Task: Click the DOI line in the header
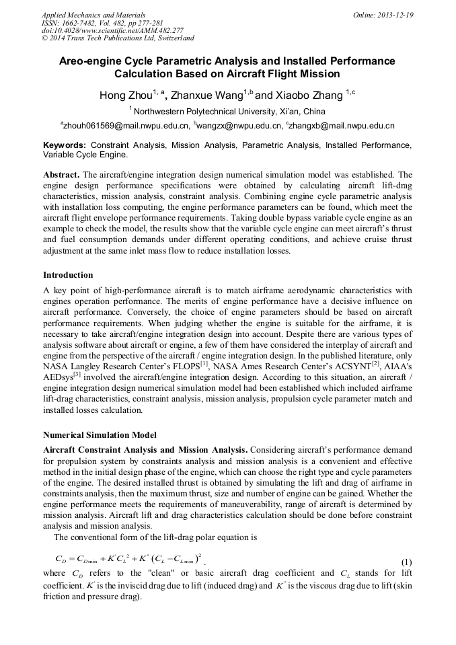pos(112,31)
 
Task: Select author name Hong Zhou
pos(125,96)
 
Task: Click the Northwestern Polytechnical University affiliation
pos(229,112)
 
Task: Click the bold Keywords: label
pos(65,145)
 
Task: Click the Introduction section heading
pos(68,275)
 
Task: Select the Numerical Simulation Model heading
pos(100,434)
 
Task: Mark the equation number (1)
pos(406,562)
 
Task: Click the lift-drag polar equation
pos(128,558)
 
